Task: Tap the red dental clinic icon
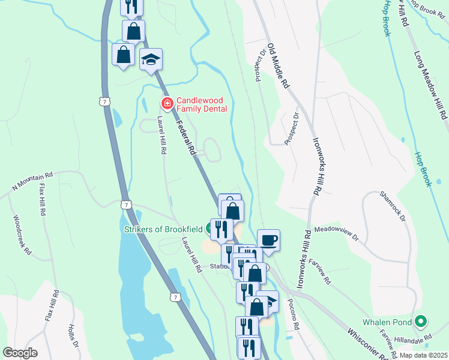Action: pos(166,104)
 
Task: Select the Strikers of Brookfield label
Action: pos(164,228)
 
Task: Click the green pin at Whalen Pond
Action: pos(421,322)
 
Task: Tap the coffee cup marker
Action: pos(268,239)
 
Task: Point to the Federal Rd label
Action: pos(187,136)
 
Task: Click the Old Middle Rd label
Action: pos(279,65)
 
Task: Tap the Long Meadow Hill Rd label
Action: pos(431,83)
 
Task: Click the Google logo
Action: pos(21,353)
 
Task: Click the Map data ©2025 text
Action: pos(423,355)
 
